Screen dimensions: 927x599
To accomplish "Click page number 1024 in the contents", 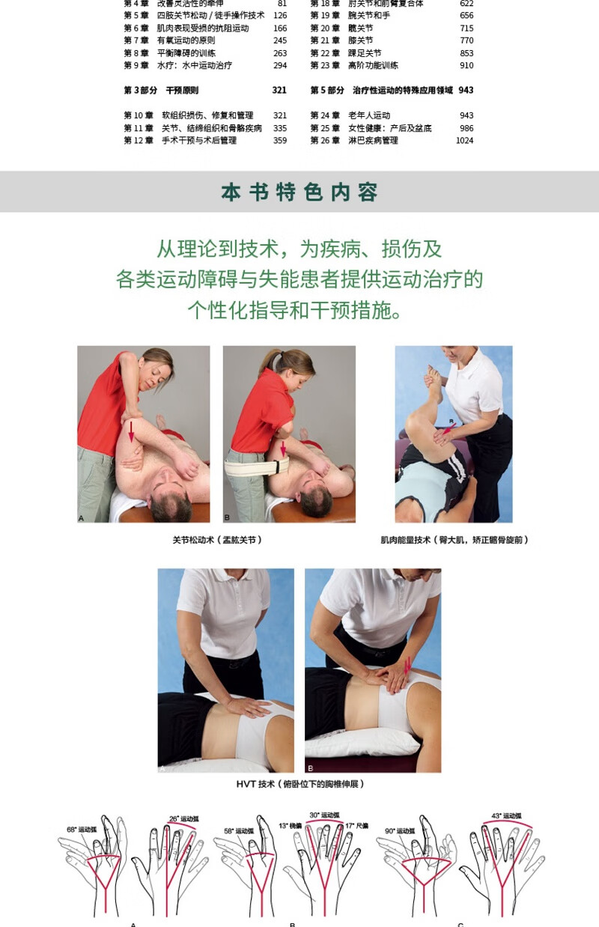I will point(464,141).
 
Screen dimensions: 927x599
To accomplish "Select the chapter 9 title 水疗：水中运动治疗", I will point(195,66).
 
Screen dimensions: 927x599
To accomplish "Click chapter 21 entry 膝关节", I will point(360,40).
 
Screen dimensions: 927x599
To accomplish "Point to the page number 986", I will point(466,128).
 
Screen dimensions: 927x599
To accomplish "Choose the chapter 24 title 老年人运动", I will point(369,115).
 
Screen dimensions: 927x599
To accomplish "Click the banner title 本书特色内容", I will point(299,192).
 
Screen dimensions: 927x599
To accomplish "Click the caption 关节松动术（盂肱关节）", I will point(218,539).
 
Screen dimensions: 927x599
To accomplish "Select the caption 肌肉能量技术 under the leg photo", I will point(454,539).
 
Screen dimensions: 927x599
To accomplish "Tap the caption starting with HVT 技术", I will point(299,784).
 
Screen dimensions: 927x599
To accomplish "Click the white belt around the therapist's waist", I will point(255,467).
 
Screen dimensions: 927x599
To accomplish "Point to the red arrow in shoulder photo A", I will point(131,432).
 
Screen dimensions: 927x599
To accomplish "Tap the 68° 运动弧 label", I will point(83,830).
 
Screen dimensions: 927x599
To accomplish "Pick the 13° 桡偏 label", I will point(289,825).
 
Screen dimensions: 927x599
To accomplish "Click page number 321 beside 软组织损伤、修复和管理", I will point(279,115).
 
